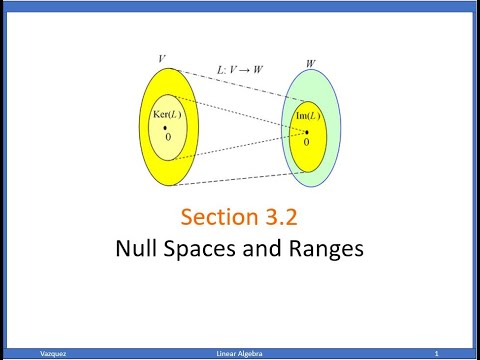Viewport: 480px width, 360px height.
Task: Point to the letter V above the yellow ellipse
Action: coord(162,60)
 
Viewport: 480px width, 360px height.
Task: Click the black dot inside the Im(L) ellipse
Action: coord(307,131)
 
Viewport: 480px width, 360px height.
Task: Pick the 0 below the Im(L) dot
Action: coord(307,142)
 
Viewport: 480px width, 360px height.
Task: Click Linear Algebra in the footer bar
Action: coord(240,354)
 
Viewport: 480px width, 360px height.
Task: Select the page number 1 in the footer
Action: coord(437,354)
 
